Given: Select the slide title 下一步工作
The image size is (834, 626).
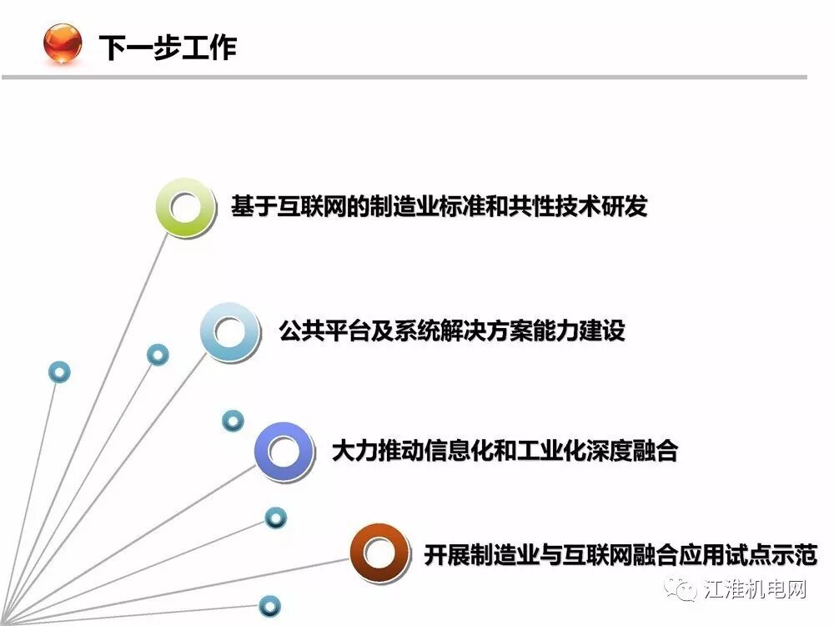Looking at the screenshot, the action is point(168,47).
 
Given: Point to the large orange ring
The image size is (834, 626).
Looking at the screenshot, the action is point(378,553).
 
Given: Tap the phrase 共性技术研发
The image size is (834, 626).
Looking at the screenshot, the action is point(578,206).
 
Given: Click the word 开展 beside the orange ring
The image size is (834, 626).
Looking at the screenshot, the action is point(445,554).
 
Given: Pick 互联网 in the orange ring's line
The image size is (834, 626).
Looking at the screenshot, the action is point(598,554).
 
